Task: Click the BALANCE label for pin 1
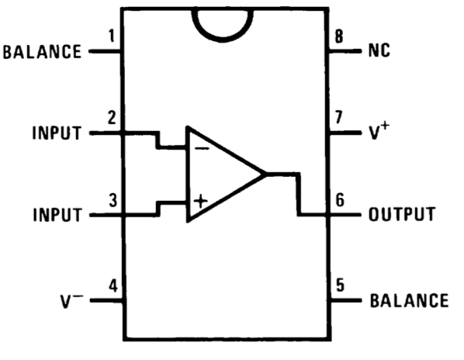click(x=42, y=52)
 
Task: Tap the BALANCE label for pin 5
click(x=409, y=300)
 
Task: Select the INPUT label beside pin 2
click(x=57, y=133)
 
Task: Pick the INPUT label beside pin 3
click(x=57, y=215)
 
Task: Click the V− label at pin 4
click(x=72, y=301)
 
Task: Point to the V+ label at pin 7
click(x=379, y=131)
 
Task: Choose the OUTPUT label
click(x=402, y=214)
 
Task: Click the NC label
click(x=379, y=50)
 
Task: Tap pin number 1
click(x=111, y=36)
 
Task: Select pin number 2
click(x=112, y=118)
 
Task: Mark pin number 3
click(x=113, y=200)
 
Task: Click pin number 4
click(x=113, y=286)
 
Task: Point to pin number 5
click(x=340, y=285)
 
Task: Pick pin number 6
click(x=340, y=199)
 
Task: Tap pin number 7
click(x=339, y=117)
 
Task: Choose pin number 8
click(x=339, y=36)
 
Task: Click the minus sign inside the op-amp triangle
click(x=202, y=148)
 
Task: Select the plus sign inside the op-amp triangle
click(x=201, y=202)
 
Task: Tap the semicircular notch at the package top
click(x=223, y=39)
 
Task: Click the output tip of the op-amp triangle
click(x=265, y=174)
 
